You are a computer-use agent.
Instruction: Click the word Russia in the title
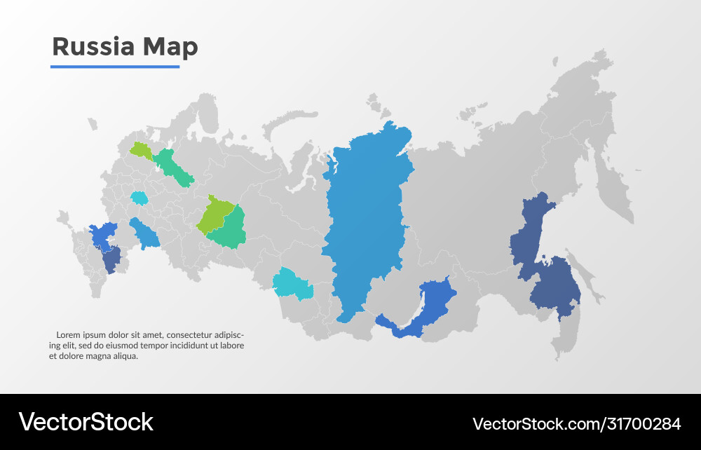tap(93, 46)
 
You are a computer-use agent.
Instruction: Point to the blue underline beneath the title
tap(115, 67)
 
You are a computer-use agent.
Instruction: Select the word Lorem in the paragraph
tap(69, 334)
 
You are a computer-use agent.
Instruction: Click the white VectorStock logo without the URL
tap(86, 422)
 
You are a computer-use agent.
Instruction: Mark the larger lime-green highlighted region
tap(214, 214)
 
